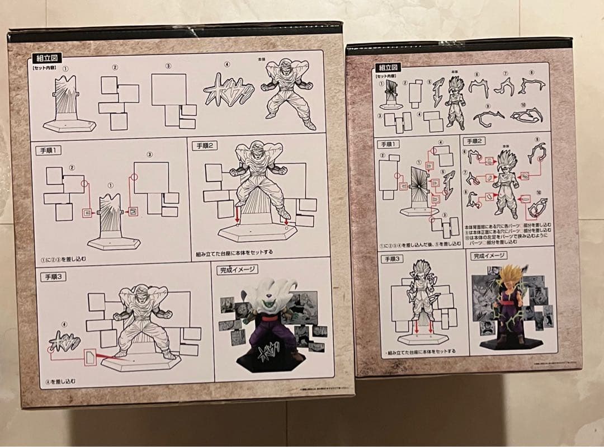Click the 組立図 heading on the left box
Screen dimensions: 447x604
(48, 57)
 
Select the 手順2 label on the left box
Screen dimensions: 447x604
(205, 145)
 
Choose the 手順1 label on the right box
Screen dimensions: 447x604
(390, 144)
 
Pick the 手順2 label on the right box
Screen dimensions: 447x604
(475, 140)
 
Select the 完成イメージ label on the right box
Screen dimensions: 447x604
(488, 256)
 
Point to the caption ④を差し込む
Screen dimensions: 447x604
(59, 381)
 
